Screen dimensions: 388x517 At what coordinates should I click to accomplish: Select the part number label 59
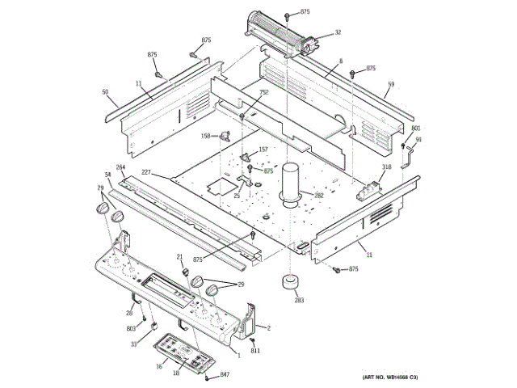click(x=390, y=84)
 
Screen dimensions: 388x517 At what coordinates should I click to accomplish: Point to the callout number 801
click(x=416, y=129)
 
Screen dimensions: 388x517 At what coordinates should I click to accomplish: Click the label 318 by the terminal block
click(x=387, y=167)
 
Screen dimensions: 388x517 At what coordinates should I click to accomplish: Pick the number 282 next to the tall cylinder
click(x=318, y=196)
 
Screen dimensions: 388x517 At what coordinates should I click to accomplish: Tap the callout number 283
click(x=299, y=300)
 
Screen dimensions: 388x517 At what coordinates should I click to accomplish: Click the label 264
click(x=120, y=167)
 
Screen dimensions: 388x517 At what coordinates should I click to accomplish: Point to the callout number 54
click(x=107, y=175)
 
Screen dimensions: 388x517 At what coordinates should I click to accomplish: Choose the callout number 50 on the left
click(x=105, y=92)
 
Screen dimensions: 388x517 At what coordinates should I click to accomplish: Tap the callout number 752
click(x=263, y=93)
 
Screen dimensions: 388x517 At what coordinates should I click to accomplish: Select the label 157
click(x=263, y=150)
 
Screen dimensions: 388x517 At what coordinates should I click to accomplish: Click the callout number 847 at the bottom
click(x=225, y=375)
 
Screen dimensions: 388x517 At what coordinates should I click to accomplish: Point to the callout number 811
click(x=254, y=351)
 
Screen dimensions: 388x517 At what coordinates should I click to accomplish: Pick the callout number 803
click(x=130, y=328)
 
